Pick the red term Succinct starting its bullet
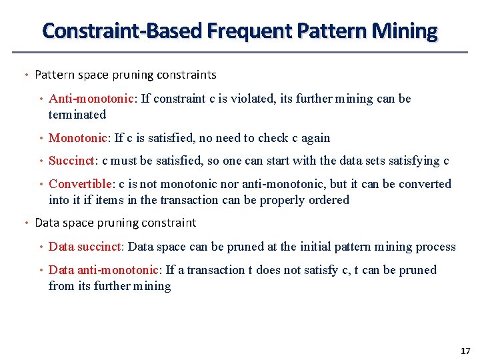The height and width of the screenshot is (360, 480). (x=72, y=161)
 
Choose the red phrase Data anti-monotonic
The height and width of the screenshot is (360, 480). (x=104, y=270)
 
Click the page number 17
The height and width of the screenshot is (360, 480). (x=465, y=351)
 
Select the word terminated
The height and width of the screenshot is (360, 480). (x=77, y=115)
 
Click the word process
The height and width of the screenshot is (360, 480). (x=435, y=247)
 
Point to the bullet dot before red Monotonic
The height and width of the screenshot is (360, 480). (x=41, y=139)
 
